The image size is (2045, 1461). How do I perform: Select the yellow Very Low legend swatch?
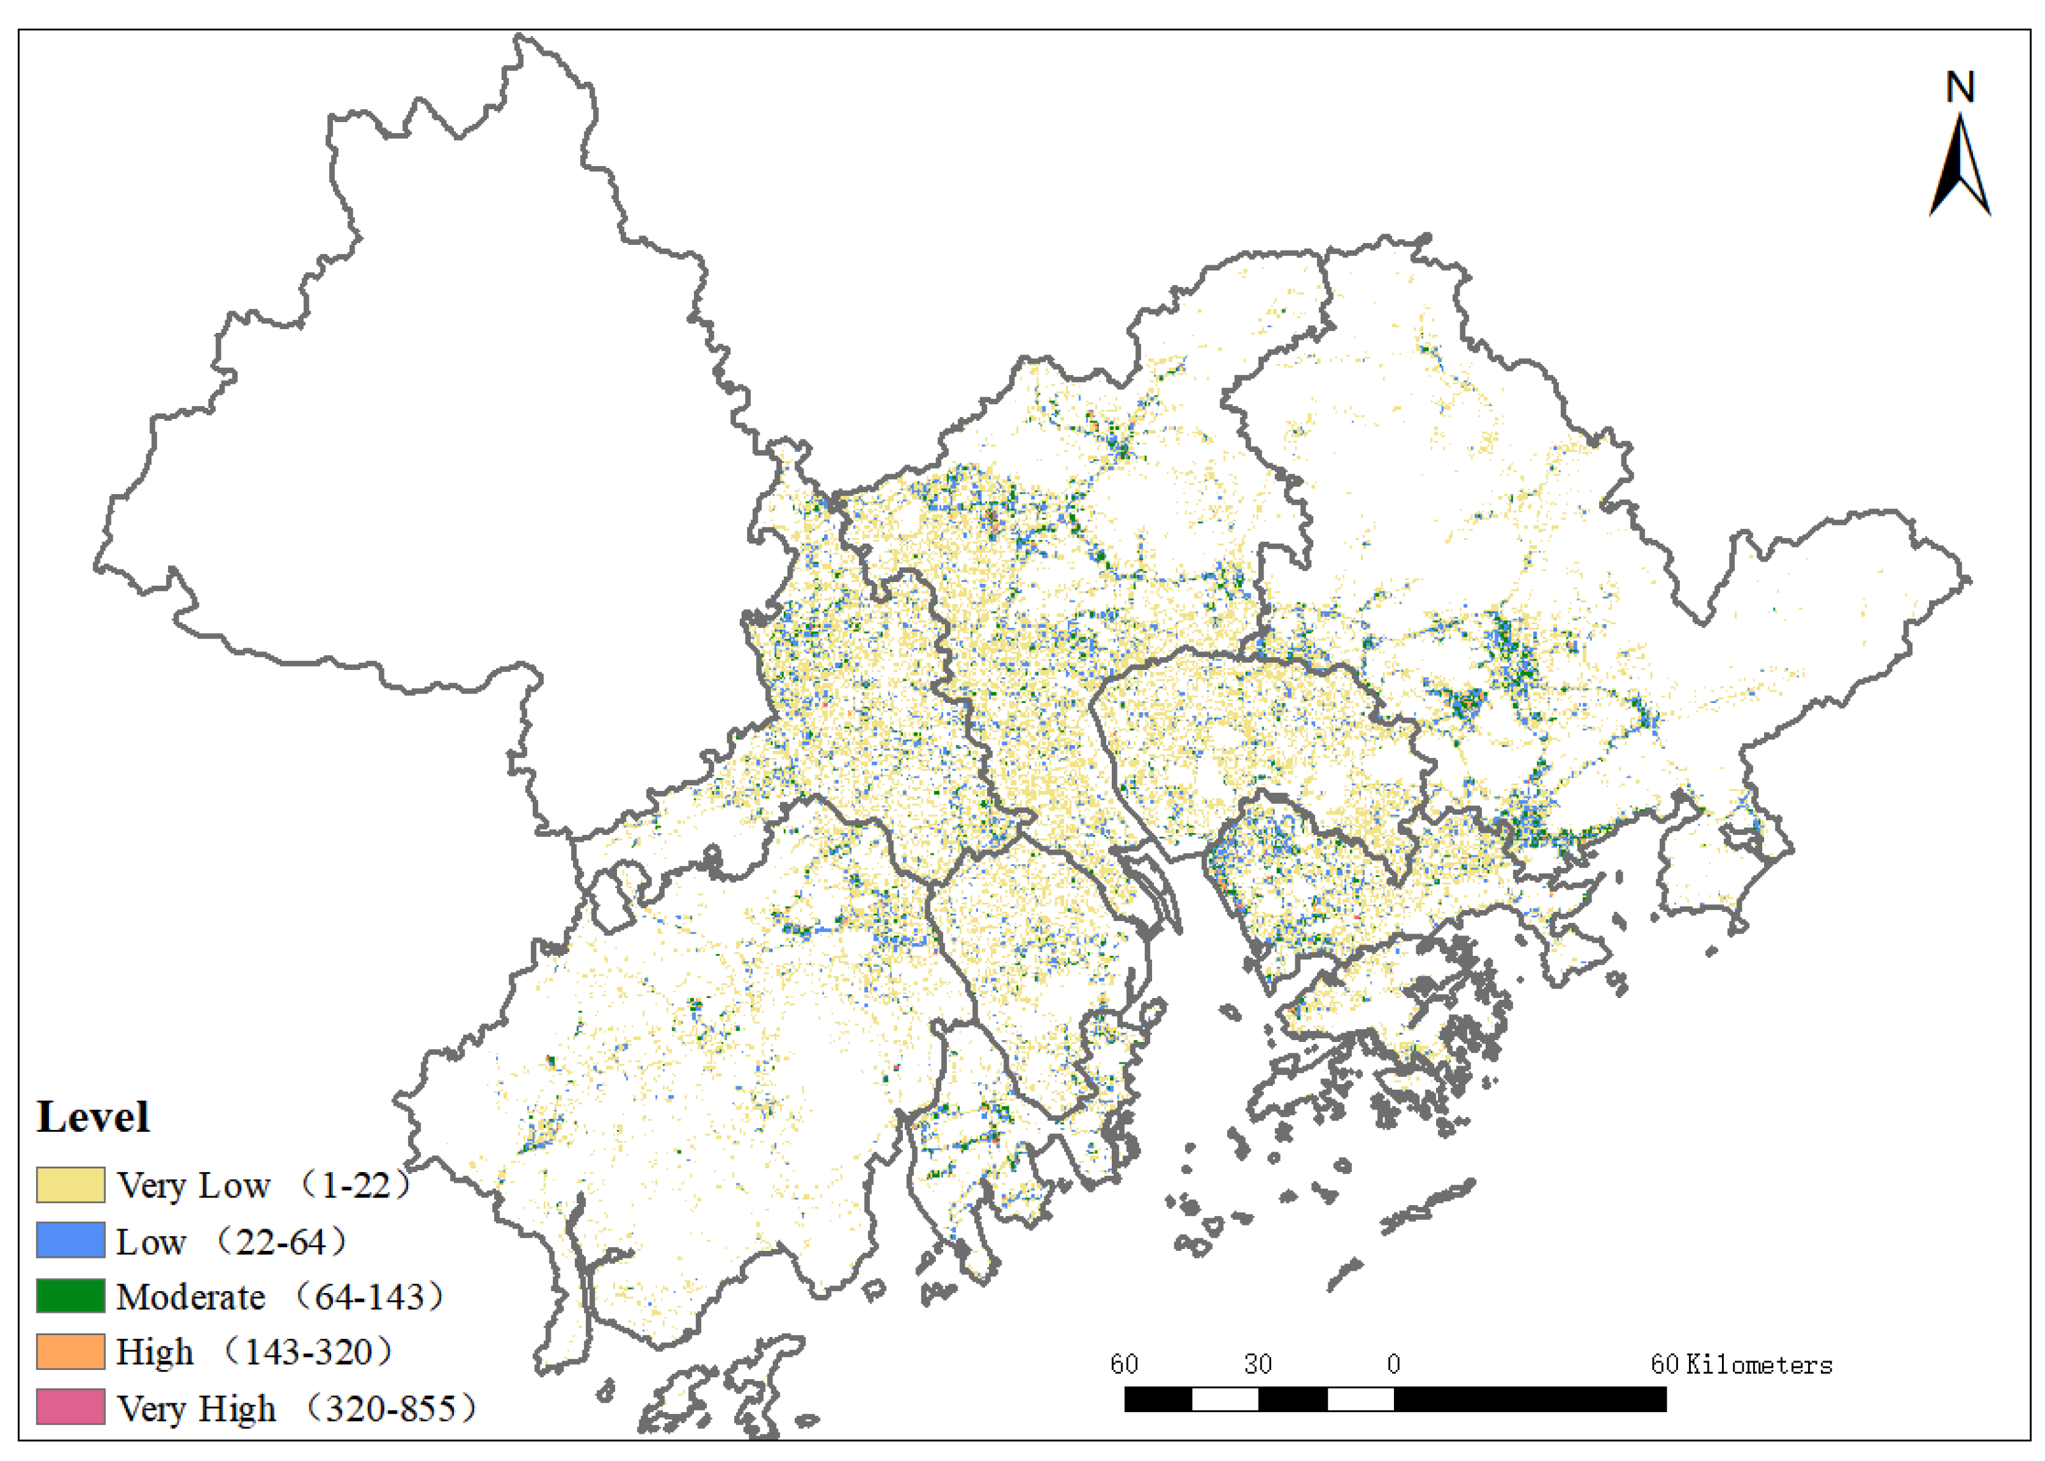click(70, 1185)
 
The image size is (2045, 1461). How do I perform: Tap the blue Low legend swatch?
click(70, 1240)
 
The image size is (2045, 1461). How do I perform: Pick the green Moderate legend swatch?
click(70, 1295)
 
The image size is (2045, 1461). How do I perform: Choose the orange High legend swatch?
click(70, 1351)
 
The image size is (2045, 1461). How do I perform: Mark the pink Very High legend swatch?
click(70, 1407)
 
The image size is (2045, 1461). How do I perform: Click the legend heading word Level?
click(92, 1118)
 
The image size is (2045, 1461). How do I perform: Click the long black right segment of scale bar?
click(1530, 1399)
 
